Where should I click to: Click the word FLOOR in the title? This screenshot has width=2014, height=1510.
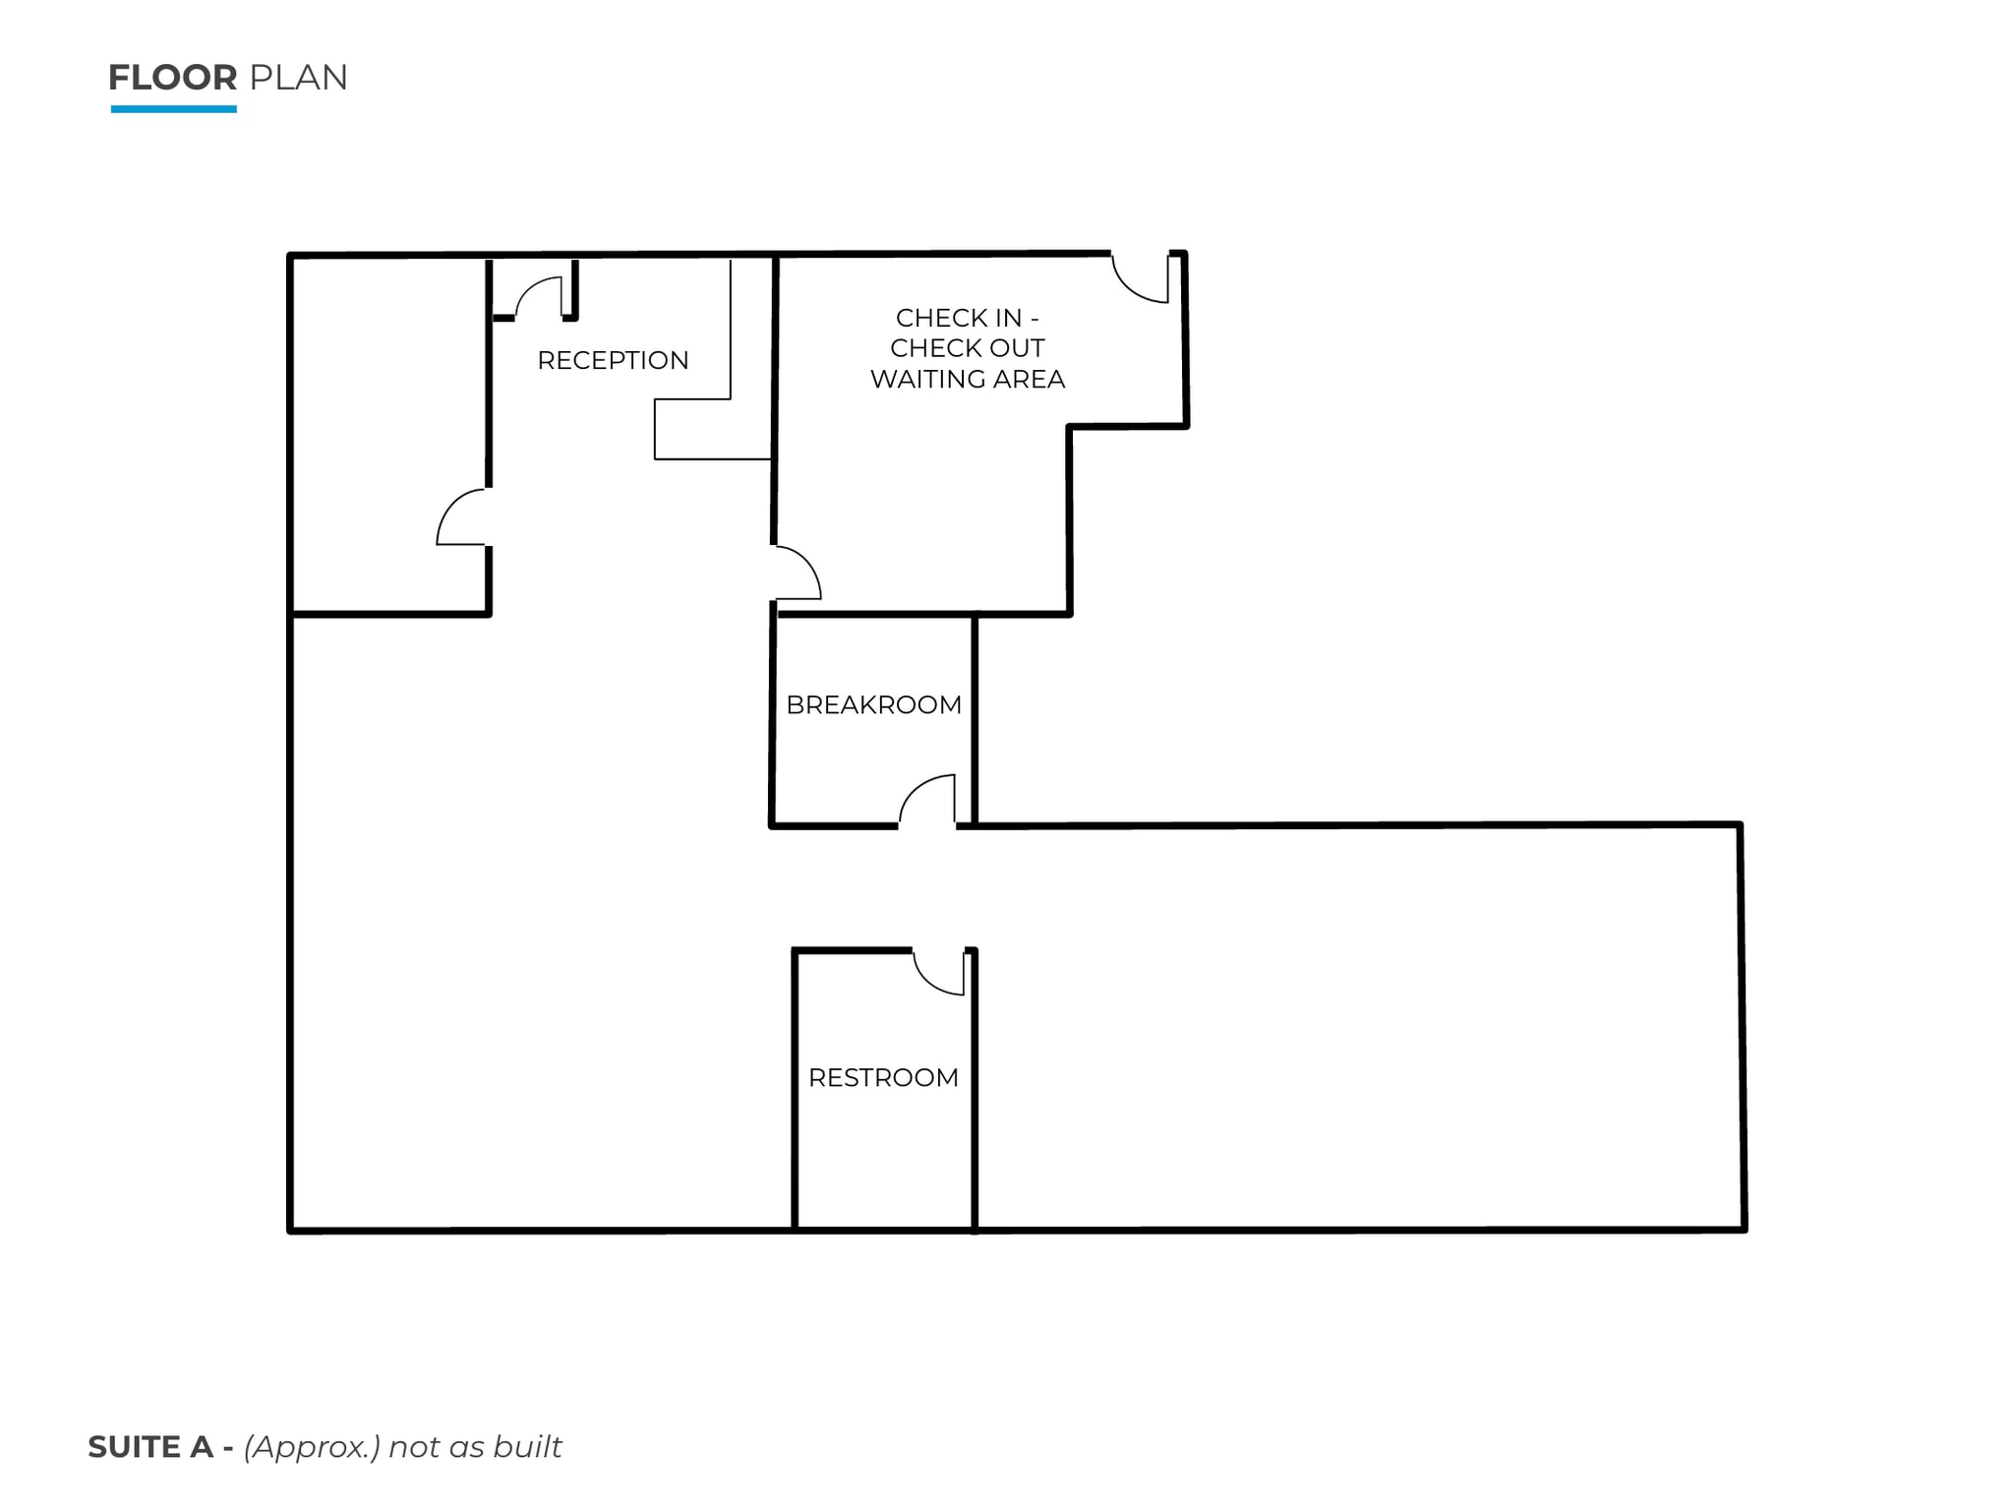(172, 78)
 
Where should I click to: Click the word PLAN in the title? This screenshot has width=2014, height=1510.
(298, 78)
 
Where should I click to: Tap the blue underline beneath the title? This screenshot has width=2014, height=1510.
(173, 109)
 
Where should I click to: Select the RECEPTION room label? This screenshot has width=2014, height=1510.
(613, 360)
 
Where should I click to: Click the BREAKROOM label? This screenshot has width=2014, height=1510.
(873, 704)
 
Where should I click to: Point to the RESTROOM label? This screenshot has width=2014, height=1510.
(883, 1077)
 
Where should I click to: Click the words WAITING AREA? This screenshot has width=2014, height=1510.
(968, 379)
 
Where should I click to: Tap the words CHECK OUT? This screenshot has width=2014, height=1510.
(968, 348)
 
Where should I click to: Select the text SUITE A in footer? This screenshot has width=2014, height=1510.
(150, 1447)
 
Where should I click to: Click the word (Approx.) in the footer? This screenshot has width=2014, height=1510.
(312, 1447)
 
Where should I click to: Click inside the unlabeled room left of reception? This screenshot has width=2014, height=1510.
(388, 433)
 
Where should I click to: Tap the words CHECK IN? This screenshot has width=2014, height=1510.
(958, 318)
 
